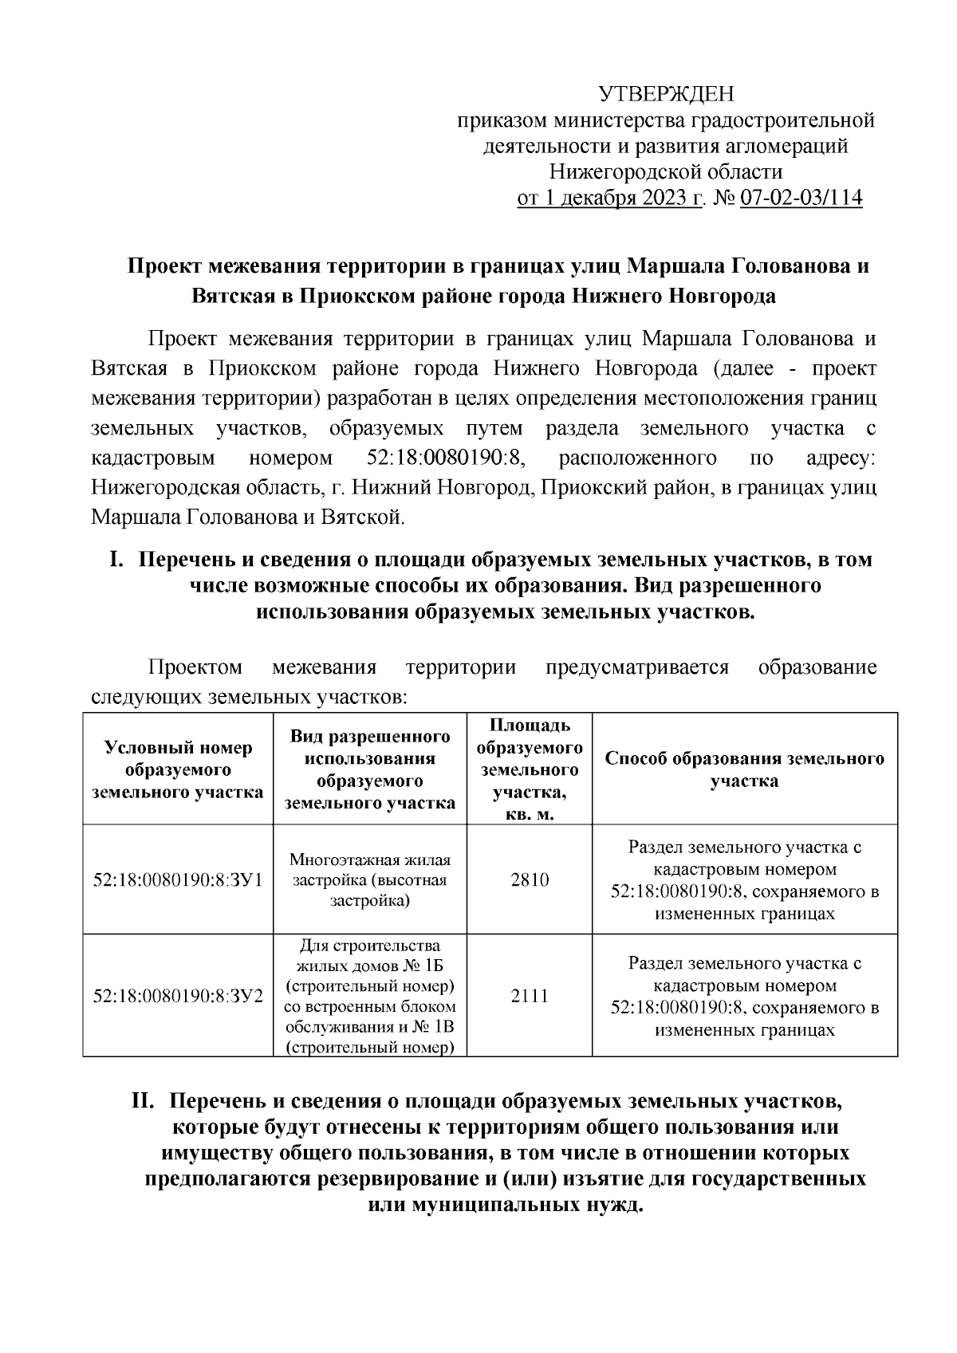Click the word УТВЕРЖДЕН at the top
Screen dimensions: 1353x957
666,94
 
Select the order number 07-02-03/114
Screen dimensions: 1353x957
801,198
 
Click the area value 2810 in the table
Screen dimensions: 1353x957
530,880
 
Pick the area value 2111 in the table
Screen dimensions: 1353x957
530,996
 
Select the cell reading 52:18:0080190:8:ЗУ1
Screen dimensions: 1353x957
178,880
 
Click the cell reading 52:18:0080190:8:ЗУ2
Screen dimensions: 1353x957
178,996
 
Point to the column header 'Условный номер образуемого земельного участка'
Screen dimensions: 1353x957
178,769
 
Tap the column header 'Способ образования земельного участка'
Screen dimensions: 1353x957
745,769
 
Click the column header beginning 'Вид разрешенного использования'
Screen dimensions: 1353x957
370,769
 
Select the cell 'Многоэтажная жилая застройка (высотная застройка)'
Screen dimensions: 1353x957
370,880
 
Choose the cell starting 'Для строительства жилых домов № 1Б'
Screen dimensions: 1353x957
370,996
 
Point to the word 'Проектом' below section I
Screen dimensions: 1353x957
195,667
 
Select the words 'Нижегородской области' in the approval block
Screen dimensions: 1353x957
666,171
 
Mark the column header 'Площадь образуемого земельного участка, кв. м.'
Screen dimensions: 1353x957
530,769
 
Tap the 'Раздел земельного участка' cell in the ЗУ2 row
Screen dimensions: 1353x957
745,996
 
